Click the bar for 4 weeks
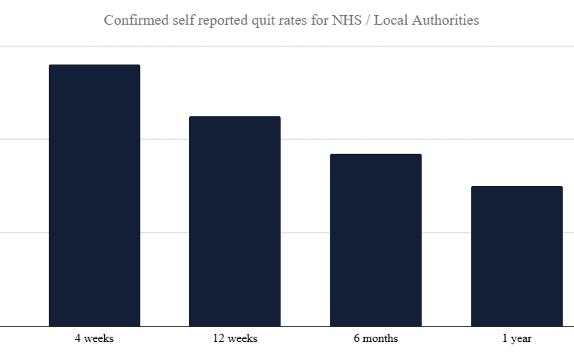pos(95,195)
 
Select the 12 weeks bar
pos(235,221)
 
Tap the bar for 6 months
pos(376,240)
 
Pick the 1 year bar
pos(516,256)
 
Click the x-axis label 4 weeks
pos(95,338)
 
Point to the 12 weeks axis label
pos(235,338)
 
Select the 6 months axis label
pos(376,338)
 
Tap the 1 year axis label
pos(516,338)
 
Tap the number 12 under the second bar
pos(219,338)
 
